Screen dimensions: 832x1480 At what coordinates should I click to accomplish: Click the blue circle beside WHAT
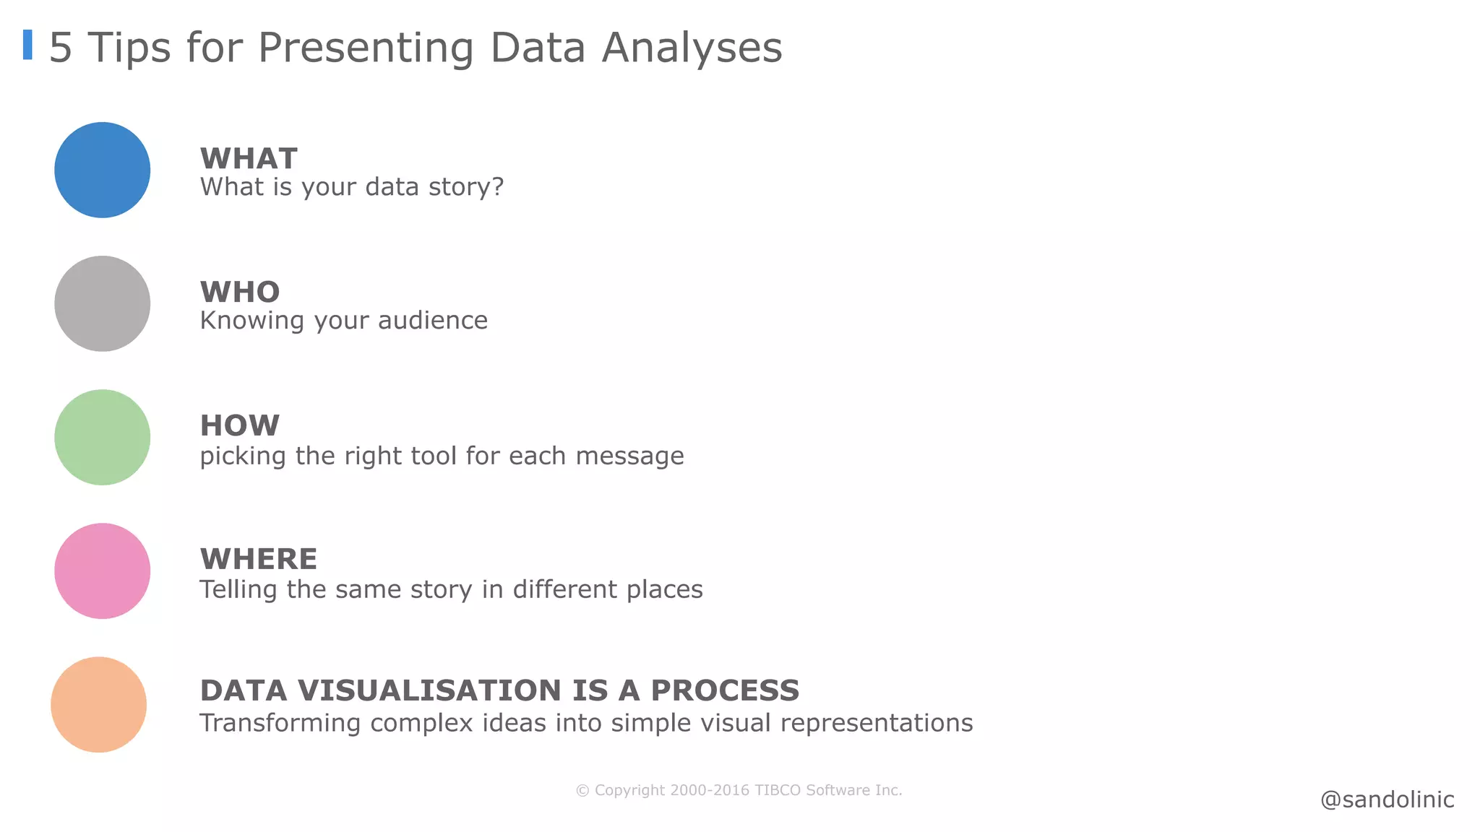[102, 170]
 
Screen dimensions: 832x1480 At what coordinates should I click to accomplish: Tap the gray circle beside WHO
[102, 303]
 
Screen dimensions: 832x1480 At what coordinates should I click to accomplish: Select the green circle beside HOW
[102, 437]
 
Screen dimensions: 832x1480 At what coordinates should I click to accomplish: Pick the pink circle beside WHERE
[102, 571]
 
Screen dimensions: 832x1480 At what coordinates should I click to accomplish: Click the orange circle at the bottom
[98, 704]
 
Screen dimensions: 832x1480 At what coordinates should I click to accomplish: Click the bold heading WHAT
[249, 159]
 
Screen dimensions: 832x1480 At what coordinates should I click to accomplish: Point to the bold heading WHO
[240, 292]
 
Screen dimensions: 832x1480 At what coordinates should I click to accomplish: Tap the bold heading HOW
[240, 426]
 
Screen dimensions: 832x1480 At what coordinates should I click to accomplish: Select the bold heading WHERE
[259, 560]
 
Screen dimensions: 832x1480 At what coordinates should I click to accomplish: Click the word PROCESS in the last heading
[725, 691]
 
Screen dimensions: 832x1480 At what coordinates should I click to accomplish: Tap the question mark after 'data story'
[496, 187]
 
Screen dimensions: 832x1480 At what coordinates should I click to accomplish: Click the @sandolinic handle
[1387, 799]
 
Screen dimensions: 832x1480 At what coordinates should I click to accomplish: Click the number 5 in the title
[61, 48]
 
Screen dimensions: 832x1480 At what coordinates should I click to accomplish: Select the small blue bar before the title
[27, 45]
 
